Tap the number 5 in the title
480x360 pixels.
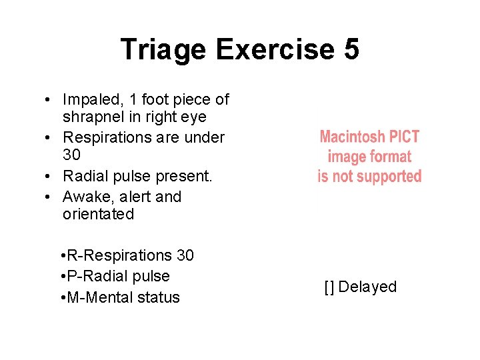pos(351,50)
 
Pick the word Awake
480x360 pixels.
pos(83,197)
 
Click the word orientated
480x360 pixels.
pos(98,214)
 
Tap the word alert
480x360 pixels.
pos(133,197)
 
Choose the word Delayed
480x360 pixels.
pos(367,287)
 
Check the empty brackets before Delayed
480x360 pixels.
pos(329,287)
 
